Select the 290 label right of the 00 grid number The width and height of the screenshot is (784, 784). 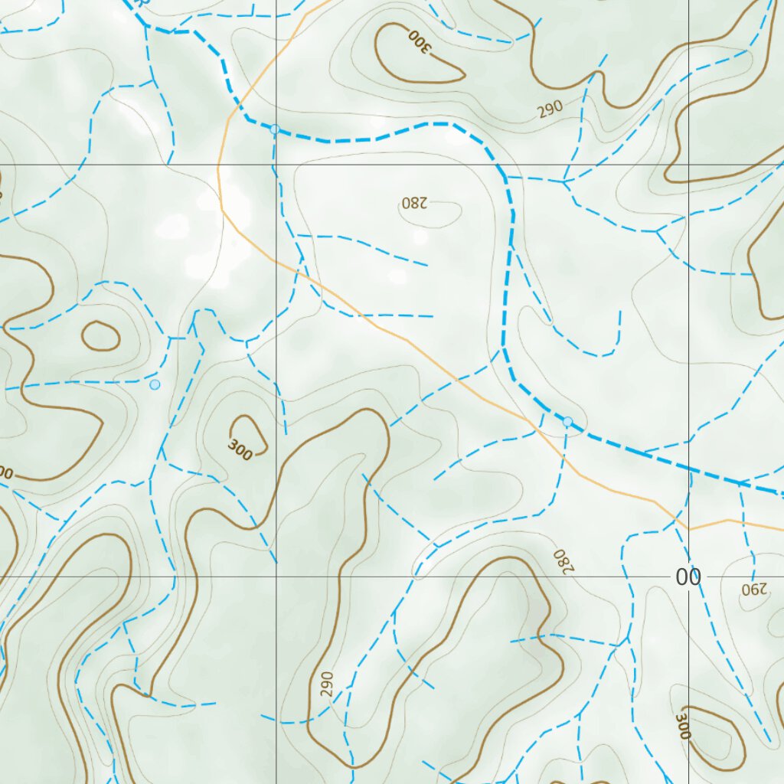pyautogui.click(x=753, y=590)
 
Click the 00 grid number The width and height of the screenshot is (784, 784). pyautogui.click(x=688, y=577)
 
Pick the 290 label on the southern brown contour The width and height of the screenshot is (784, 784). pyautogui.click(x=327, y=682)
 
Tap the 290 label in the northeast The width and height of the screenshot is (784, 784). pyautogui.click(x=550, y=109)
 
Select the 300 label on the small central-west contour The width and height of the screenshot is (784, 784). pyautogui.click(x=240, y=451)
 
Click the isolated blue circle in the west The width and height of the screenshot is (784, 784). pyautogui.click(x=155, y=384)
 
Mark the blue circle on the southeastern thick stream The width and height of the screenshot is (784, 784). pyautogui.click(x=567, y=422)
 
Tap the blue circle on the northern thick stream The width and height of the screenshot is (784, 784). pyautogui.click(x=275, y=129)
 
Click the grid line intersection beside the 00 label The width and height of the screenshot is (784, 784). pyautogui.click(x=688, y=576)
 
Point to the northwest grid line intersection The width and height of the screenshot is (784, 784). pyautogui.click(x=276, y=165)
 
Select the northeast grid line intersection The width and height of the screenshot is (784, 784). pyautogui.click(x=688, y=165)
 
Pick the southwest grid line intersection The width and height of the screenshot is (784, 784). pyautogui.click(x=276, y=576)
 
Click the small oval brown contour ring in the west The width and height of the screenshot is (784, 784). pyautogui.click(x=100, y=335)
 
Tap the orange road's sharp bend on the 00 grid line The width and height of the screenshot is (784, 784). pyautogui.click(x=688, y=529)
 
